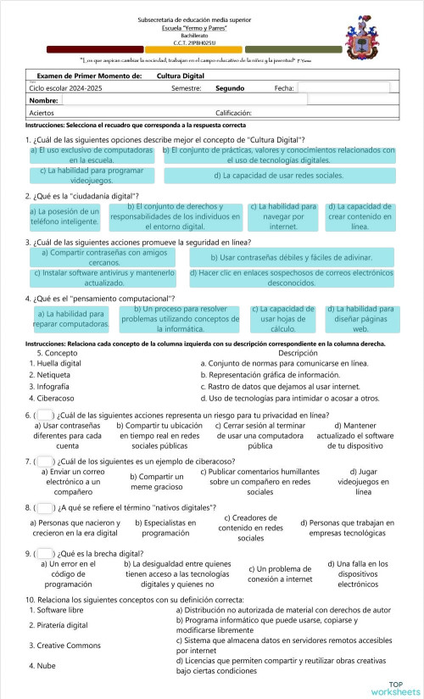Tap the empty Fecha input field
(x=343, y=87)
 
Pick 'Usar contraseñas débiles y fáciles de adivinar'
(x=291, y=256)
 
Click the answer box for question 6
(x=44, y=415)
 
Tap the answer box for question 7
(x=44, y=461)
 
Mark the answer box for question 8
(x=44, y=507)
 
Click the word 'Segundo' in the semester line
(x=230, y=87)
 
